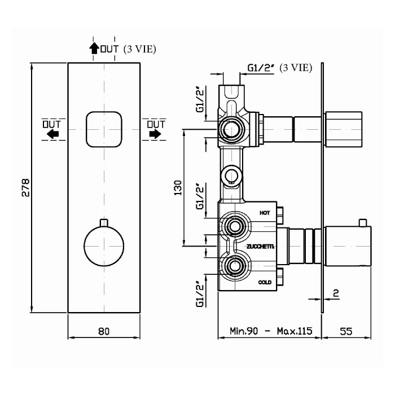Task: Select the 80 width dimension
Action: pyautogui.click(x=103, y=331)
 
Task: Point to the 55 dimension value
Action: pyautogui.click(x=346, y=331)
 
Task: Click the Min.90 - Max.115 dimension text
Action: pyautogui.click(x=271, y=331)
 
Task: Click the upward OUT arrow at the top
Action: pyautogui.click(x=94, y=49)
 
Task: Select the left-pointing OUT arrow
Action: pyautogui.click(x=52, y=134)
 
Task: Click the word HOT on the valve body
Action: pyautogui.click(x=265, y=213)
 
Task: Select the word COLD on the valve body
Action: pyautogui.click(x=265, y=282)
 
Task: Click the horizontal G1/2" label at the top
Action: pyautogui.click(x=261, y=68)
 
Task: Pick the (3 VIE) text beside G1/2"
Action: pyautogui.click(x=296, y=68)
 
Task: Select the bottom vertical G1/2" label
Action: pyautogui.click(x=199, y=293)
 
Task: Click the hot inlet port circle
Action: pyautogui.click(x=232, y=227)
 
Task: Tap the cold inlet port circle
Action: pyautogui.click(x=232, y=265)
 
